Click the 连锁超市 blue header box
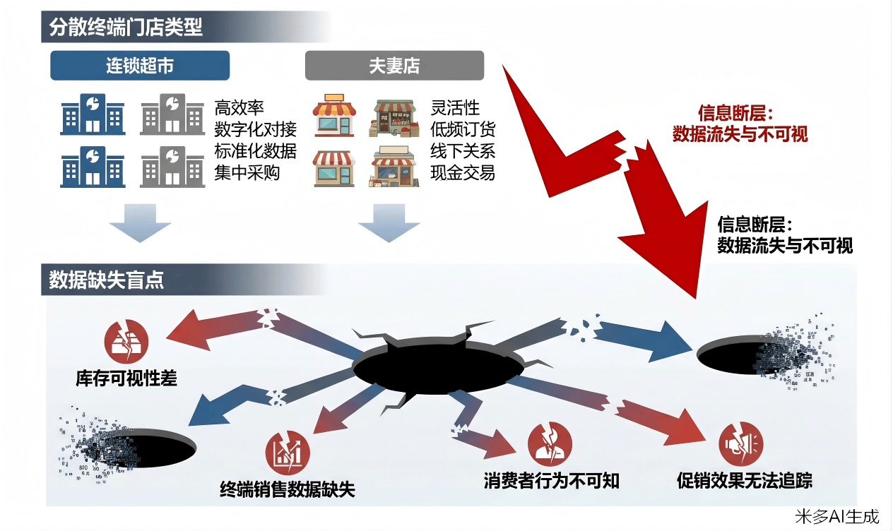pos(140,66)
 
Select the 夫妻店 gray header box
pos(394,66)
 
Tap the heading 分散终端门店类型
pos(126,27)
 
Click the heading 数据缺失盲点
pos(107,280)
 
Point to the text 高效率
pos(239,107)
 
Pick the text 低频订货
pos(463,129)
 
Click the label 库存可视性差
pos(126,378)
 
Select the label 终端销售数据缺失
pos(288,489)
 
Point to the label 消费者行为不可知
pos(552,481)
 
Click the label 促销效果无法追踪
pos(745,481)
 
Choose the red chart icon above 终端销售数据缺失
pos(288,451)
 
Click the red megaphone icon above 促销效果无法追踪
pos(741,443)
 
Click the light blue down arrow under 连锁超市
pos(140,222)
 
